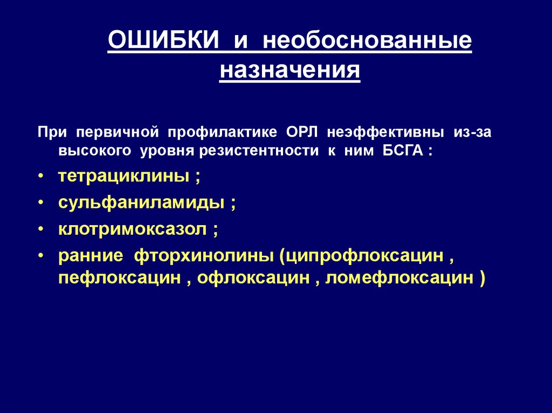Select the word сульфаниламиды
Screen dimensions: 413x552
(x=141, y=204)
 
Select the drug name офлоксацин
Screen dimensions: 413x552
(x=253, y=278)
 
